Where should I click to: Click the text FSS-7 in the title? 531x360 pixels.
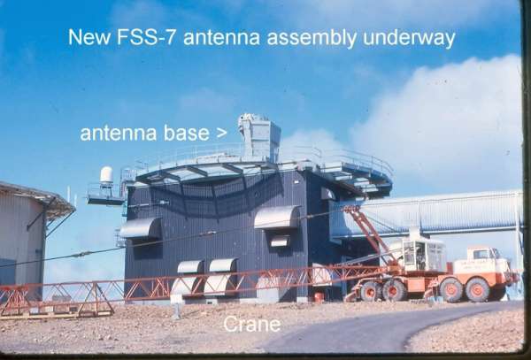point(146,37)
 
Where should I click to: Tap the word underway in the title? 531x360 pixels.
point(409,38)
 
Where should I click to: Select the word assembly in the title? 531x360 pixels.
point(312,38)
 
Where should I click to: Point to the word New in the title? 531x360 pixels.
point(89,37)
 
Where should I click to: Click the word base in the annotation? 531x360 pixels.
point(187,133)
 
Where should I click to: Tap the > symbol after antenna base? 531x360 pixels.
point(221,134)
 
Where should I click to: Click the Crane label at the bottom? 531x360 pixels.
point(252,324)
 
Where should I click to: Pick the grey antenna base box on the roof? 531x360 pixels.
point(259,137)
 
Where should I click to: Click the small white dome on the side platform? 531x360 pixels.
point(106,174)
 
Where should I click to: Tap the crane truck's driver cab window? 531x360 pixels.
point(481,254)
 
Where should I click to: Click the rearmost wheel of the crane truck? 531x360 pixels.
point(369,292)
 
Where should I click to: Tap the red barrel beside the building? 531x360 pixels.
point(319,297)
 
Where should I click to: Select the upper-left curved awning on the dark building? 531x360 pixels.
point(140,227)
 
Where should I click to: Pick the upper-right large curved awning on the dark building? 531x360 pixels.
point(277,217)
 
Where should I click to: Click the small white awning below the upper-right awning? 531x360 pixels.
point(280,241)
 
